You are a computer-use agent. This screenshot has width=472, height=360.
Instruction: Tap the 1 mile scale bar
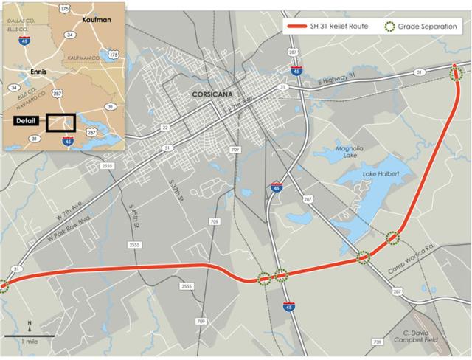click(x=29, y=336)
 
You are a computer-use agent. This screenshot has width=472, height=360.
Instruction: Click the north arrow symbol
click(x=29, y=325)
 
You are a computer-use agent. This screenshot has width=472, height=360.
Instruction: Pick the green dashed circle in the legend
click(x=390, y=27)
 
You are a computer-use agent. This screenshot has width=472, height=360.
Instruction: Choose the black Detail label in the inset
click(x=26, y=120)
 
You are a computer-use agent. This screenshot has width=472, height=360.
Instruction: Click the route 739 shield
click(x=378, y=343)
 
